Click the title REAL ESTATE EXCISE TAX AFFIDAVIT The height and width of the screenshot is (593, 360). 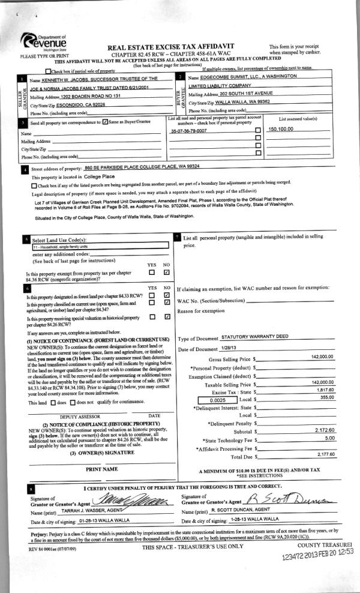tap(170, 46)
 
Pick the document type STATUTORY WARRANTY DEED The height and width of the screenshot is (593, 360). tap(255, 336)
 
